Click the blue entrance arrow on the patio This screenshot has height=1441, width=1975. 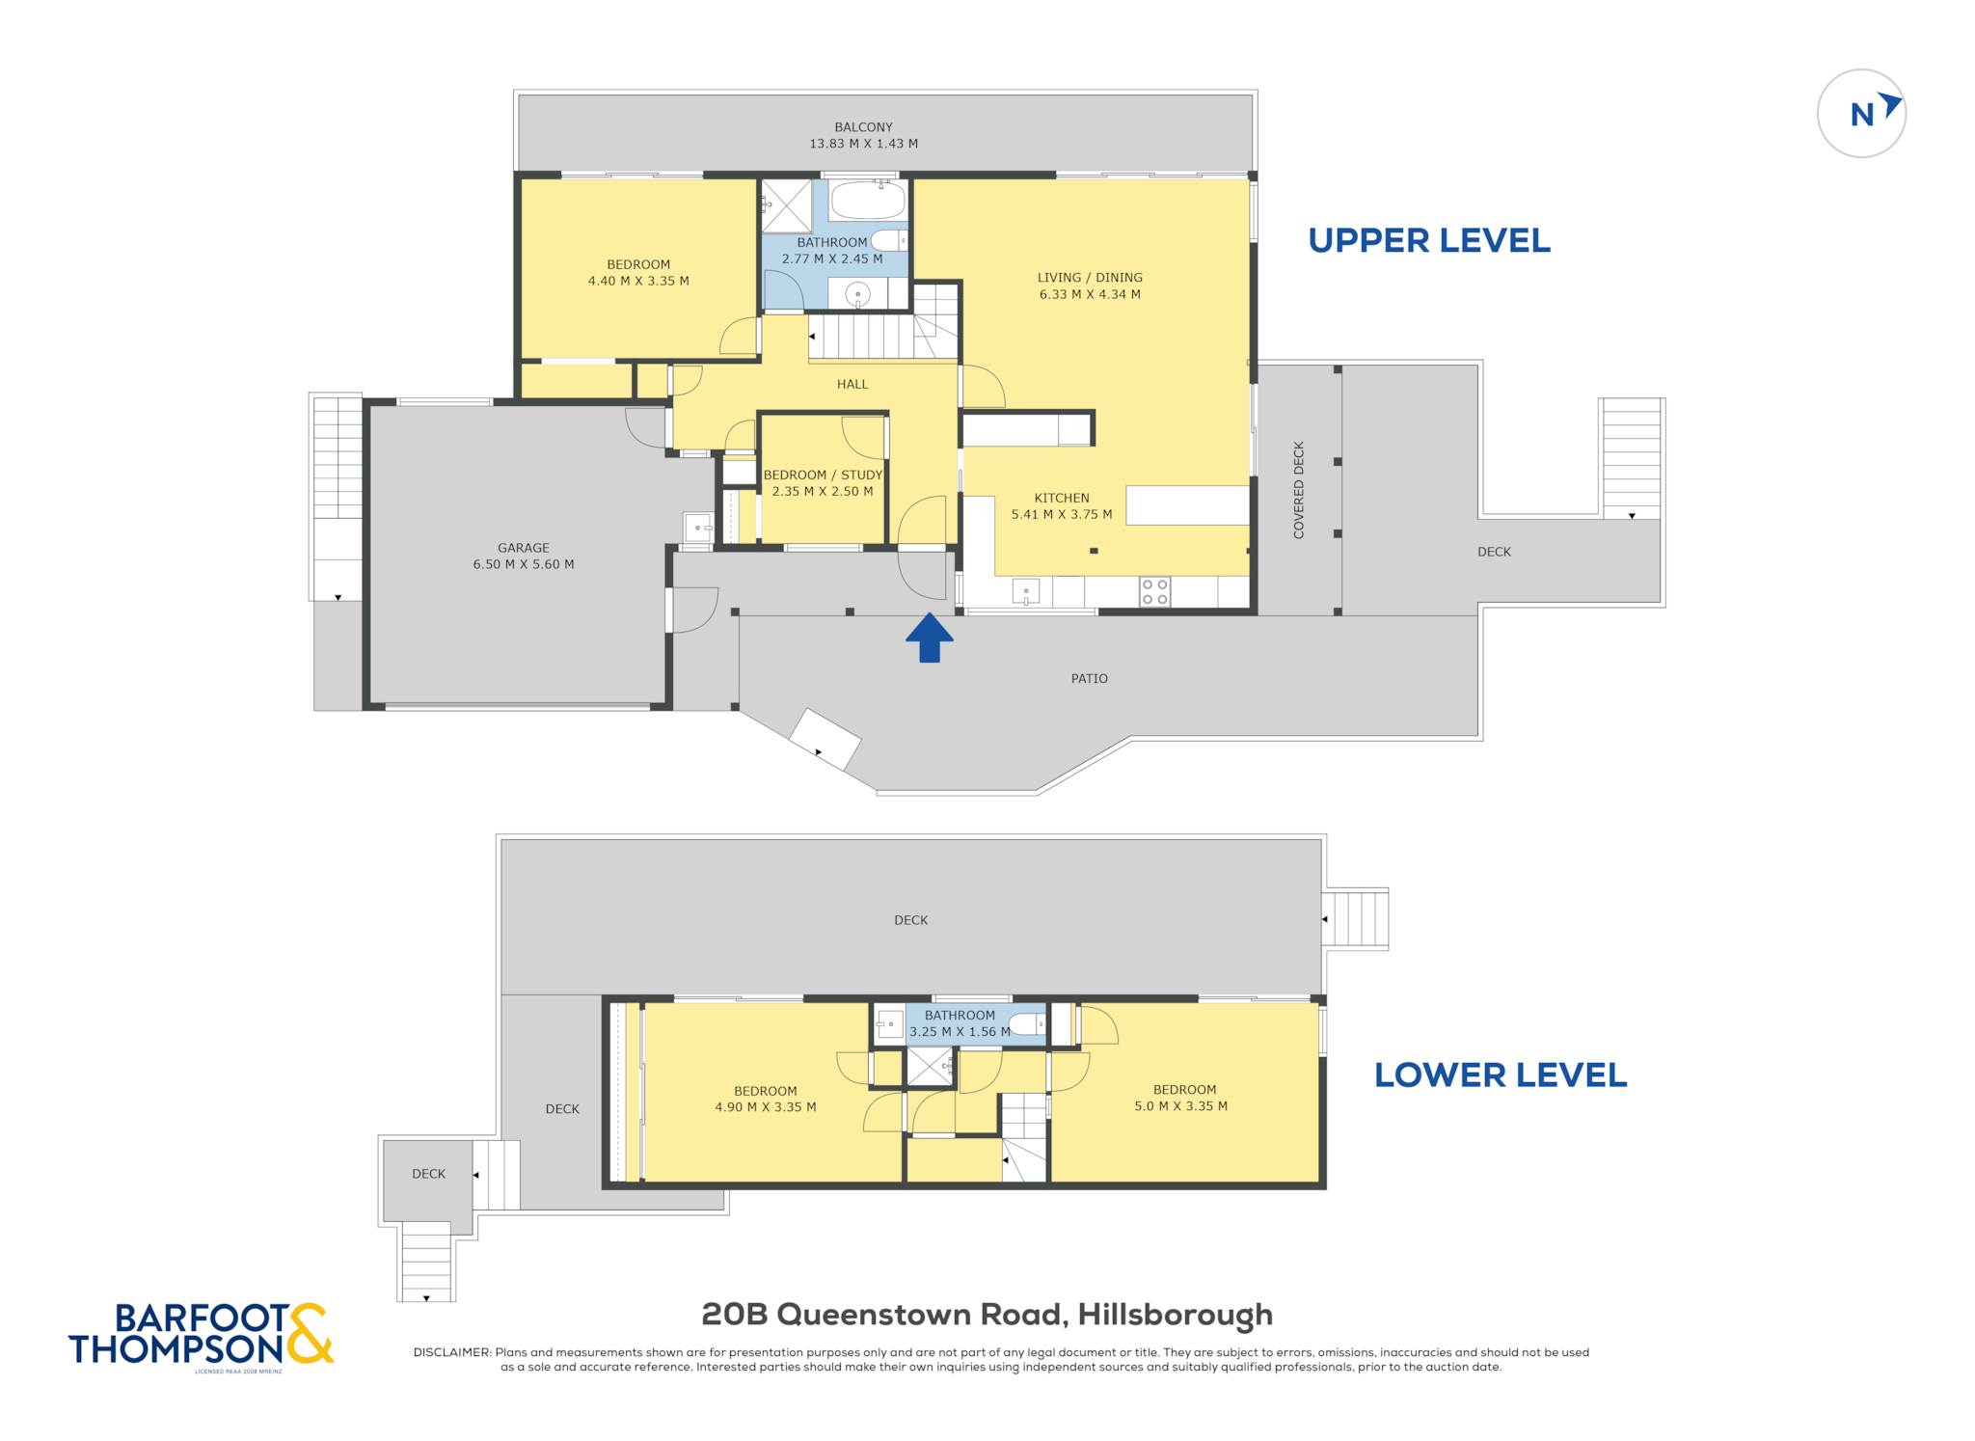coord(930,638)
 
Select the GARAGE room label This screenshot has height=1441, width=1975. coord(524,548)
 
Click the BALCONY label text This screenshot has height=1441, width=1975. coord(863,127)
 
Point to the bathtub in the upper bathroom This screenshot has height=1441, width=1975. coord(868,201)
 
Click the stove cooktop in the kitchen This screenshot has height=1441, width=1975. coord(1155,591)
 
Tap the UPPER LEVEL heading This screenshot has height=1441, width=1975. coord(1429,240)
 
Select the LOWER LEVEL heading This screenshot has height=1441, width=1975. coord(1501,1074)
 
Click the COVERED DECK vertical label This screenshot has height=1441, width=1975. coord(1298,490)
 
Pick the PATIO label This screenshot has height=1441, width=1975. coord(1090,679)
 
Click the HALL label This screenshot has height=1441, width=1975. coord(852,384)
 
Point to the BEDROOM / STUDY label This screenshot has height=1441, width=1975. coord(823,475)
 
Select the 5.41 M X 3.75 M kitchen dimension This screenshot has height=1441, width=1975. coord(1062,515)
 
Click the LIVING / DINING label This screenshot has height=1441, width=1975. coord(1090,278)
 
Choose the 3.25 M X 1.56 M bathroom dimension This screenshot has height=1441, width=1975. coord(960,1032)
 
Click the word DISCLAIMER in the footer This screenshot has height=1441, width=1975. coord(451,1352)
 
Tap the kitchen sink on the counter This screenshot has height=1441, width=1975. coord(1026,591)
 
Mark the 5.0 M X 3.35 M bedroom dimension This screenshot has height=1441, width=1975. coord(1181,1106)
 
